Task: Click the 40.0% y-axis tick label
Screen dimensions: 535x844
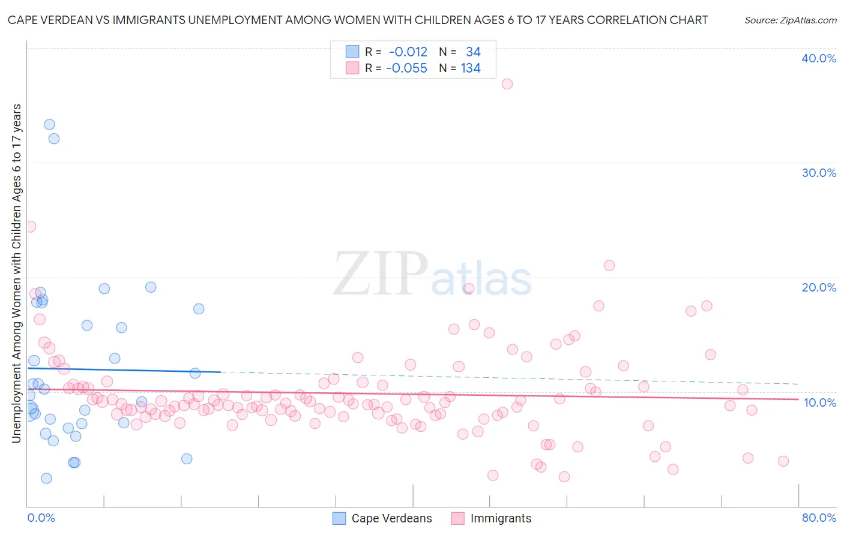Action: click(x=819, y=58)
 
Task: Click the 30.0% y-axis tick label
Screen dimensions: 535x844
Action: click(x=819, y=173)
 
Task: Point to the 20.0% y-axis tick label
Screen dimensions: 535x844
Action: click(x=819, y=287)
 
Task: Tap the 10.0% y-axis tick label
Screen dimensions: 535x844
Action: click(x=820, y=402)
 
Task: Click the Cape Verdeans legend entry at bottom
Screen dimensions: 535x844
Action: click(x=391, y=518)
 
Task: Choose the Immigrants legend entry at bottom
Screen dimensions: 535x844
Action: click(x=501, y=518)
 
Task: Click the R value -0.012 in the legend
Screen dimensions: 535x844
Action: click(x=408, y=52)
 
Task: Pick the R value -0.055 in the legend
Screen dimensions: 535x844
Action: click(x=406, y=68)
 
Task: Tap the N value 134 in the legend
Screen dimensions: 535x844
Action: click(x=471, y=68)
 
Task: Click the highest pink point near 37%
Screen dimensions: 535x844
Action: click(x=507, y=84)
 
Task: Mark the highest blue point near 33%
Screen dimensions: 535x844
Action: click(x=49, y=124)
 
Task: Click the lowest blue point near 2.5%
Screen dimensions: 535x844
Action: click(x=46, y=478)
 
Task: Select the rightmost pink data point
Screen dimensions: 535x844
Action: click(x=783, y=461)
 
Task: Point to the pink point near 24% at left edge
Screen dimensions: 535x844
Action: click(x=31, y=227)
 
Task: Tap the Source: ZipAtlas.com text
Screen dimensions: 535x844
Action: click(x=790, y=20)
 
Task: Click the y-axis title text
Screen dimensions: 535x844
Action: click(x=16, y=273)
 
